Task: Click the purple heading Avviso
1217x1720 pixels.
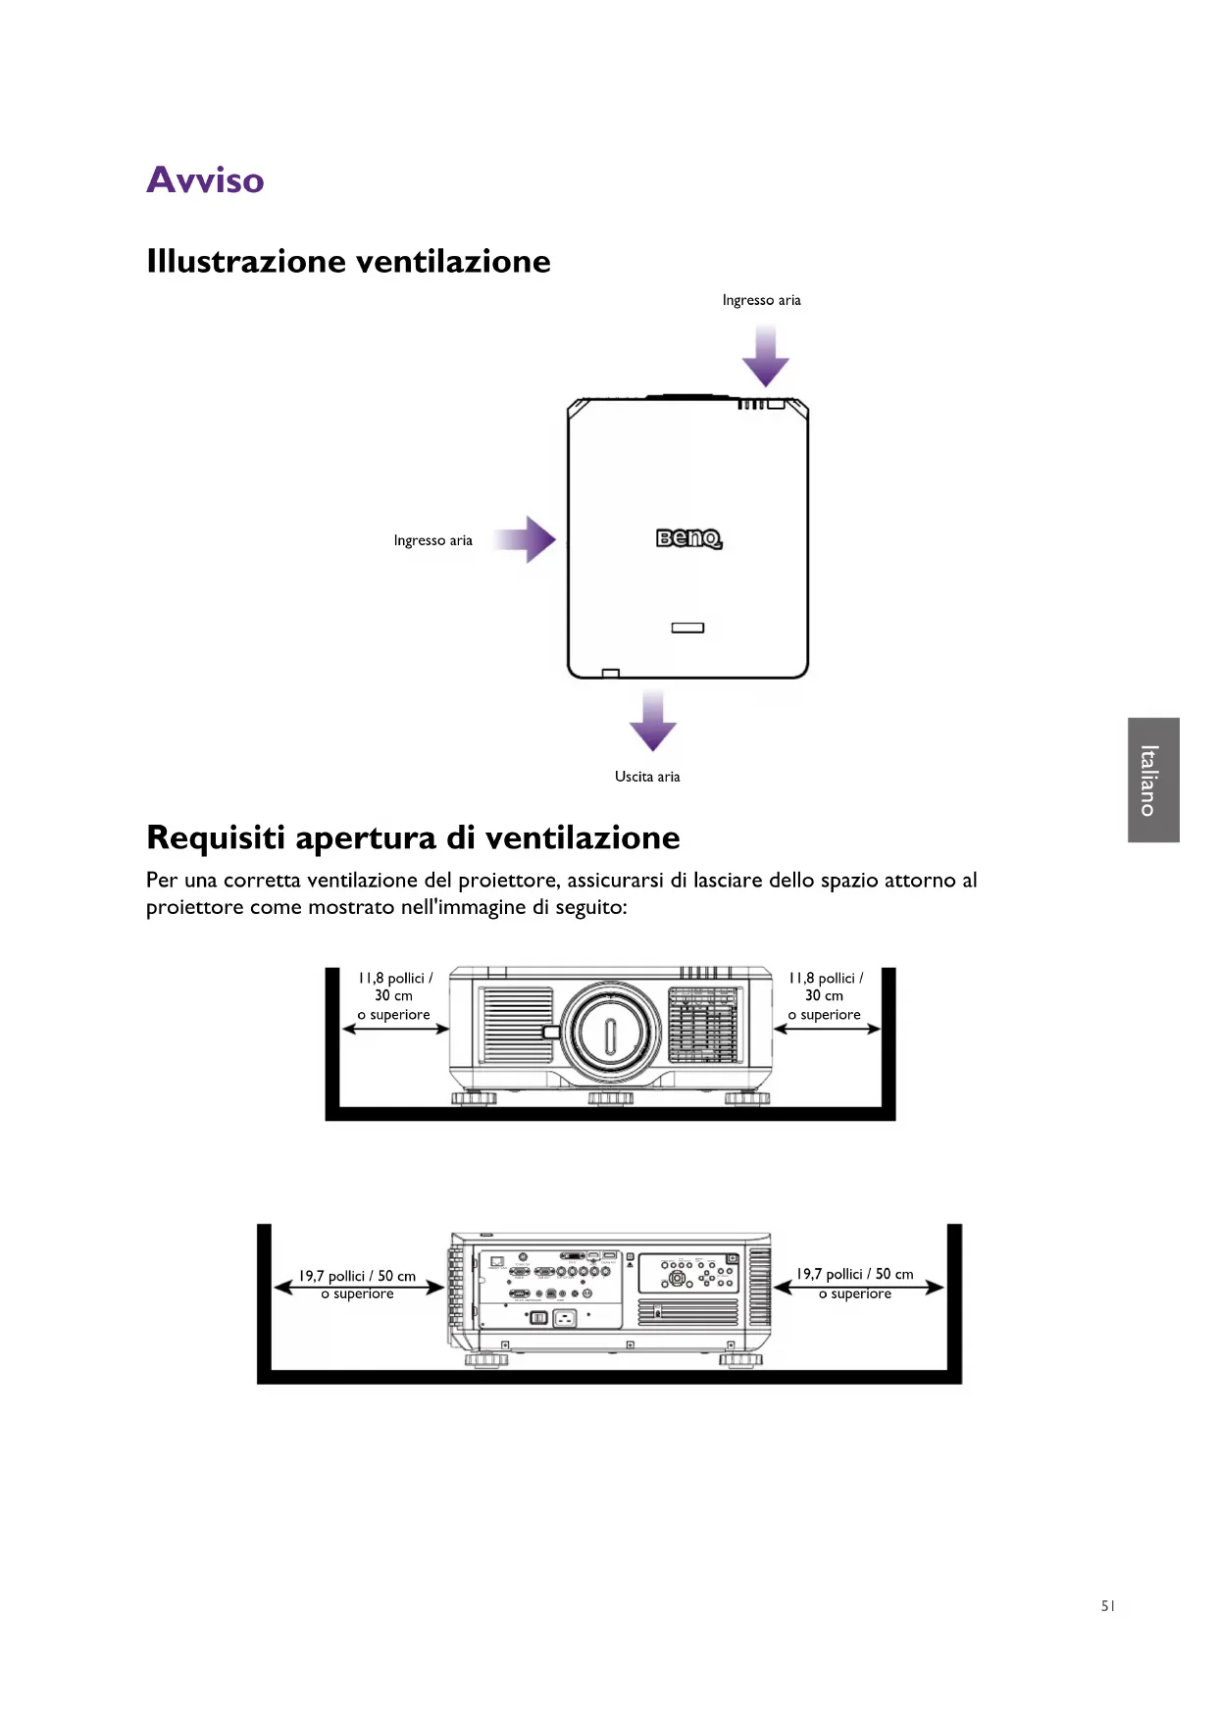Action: pos(205,180)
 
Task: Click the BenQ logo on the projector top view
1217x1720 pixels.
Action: pos(688,538)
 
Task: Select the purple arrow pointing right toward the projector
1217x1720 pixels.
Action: pos(527,539)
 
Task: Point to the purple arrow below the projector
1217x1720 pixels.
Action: pos(652,721)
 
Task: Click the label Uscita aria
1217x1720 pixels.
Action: pos(647,777)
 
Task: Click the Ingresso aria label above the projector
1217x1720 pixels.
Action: pos(761,300)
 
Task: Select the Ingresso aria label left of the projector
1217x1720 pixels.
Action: pos(432,540)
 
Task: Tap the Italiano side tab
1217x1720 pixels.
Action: pos(1152,780)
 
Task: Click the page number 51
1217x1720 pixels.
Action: pos(1107,1606)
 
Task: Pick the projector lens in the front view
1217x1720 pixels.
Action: pos(610,1032)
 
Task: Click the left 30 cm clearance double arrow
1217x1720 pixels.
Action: pos(395,1029)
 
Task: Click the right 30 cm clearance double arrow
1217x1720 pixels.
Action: pos(827,1029)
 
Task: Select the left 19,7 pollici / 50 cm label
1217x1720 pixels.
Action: pos(357,1276)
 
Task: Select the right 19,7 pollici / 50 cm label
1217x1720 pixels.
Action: pos(854,1274)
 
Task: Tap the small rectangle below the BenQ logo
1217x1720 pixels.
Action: pos(687,628)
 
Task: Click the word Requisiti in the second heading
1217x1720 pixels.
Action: pos(216,838)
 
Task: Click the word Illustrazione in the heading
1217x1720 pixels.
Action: pos(246,262)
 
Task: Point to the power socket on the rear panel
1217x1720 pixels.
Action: pos(565,1319)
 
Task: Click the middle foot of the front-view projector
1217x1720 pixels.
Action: pos(610,1097)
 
